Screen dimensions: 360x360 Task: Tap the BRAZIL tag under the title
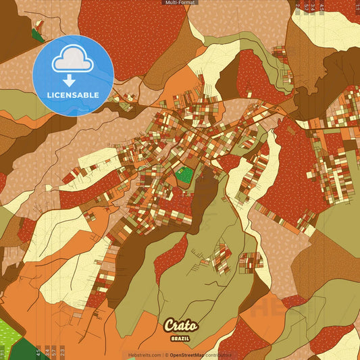(180, 338)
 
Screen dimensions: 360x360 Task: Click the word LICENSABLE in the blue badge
(73, 95)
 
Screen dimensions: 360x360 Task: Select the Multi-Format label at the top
(180, 3)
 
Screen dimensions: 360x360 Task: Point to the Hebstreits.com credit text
(144, 355)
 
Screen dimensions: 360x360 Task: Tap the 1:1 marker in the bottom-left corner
(3, 352)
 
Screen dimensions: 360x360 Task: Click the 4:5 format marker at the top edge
(322, 8)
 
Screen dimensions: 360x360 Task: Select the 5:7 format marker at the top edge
(306, 8)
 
